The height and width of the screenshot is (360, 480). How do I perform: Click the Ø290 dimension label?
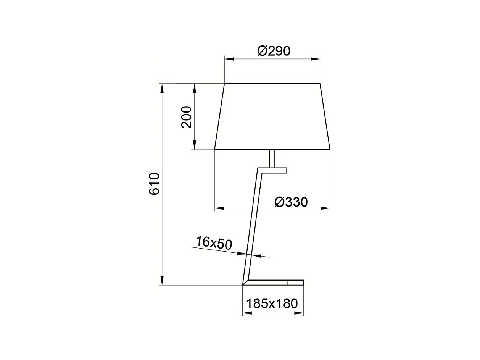pyautogui.click(x=274, y=51)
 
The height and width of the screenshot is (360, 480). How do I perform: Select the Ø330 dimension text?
pyautogui.click(x=291, y=202)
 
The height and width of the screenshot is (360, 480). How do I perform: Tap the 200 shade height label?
pyautogui.click(x=186, y=117)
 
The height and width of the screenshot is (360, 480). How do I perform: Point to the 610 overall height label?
pyautogui.click(x=153, y=184)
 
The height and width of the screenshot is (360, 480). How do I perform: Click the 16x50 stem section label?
pyautogui.click(x=214, y=243)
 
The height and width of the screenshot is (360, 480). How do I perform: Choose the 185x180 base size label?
pyautogui.click(x=271, y=303)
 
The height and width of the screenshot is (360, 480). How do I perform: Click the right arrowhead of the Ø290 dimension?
pyautogui.click(x=315, y=59)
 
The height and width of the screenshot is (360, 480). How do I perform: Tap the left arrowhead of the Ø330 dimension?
pyautogui.click(x=219, y=208)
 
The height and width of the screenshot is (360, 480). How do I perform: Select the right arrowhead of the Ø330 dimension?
pyautogui.click(x=325, y=208)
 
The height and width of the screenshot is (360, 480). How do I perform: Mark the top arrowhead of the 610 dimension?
pyautogui.click(x=162, y=88)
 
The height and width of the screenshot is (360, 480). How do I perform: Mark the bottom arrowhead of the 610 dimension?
pyautogui.click(x=162, y=280)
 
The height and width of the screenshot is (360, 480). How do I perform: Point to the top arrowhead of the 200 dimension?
pyautogui.click(x=195, y=88)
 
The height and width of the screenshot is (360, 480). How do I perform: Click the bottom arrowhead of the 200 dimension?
pyautogui.click(x=195, y=145)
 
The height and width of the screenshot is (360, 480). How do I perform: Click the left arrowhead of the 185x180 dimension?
pyautogui.click(x=247, y=313)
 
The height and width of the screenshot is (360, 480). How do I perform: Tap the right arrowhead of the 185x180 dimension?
pyautogui.click(x=299, y=313)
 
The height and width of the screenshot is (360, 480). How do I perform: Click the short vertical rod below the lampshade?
pyautogui.click(x=272, y=158)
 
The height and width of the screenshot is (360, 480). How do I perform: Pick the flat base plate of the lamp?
pyautogui.click(x=275, y=282)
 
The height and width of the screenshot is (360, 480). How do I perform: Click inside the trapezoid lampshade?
pyautogui.click(x=272, y=116)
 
